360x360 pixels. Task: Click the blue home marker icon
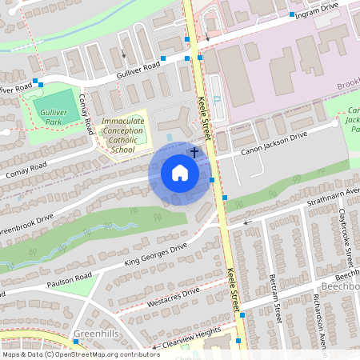point(180,173)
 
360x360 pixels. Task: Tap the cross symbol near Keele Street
point(194,151)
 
